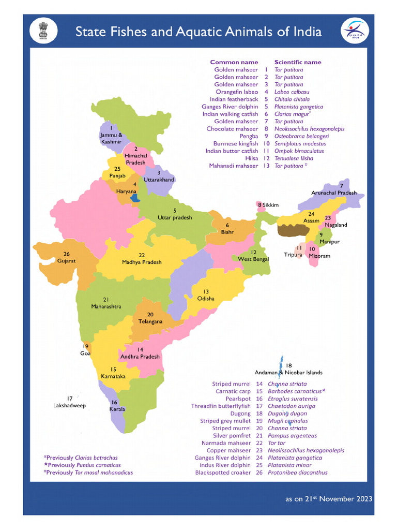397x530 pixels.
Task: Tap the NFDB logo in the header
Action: (x=355, y=31)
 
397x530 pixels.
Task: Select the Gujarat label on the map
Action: (x=67, y=261)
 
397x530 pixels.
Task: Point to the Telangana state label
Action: (x=150, y=321)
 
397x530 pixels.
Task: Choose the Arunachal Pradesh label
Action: (x=334, y=193)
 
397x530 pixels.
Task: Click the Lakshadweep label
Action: (x=69, y=406)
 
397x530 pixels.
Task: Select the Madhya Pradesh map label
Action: (x=142, y=262)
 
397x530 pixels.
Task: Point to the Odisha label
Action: (x=205, y=299)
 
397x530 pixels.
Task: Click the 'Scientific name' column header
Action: (x=297, y=62)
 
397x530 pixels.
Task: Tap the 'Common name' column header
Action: (x=234, y=62)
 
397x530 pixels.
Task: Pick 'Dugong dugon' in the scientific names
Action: (x=287, y=414)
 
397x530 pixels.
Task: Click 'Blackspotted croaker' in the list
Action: (x=223, y=473)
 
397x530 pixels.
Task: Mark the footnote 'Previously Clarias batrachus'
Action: (x=81, y=458)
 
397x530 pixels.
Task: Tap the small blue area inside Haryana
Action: (x=135, y=197)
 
